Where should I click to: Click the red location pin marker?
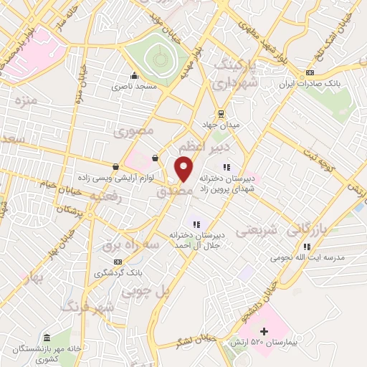(185, 169)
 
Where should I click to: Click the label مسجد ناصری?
(130, 87)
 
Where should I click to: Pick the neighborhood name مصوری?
(133, 132)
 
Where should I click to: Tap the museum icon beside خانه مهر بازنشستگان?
(47, 338)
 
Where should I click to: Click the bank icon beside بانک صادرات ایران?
(309, 72)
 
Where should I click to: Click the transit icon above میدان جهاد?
(221, 113)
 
